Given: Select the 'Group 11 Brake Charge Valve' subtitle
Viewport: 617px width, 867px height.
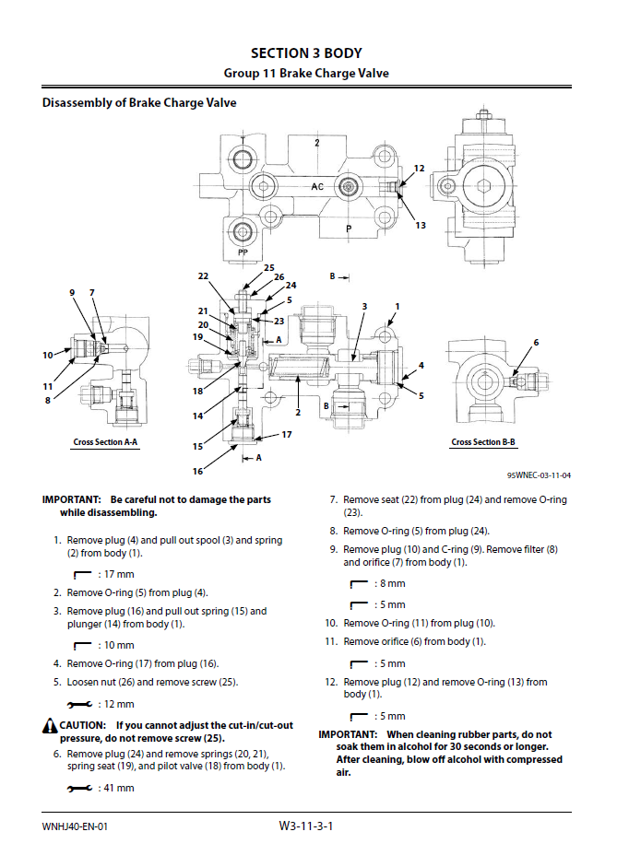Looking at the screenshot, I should tap(306, 73).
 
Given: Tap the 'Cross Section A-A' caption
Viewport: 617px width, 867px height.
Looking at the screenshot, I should tap(105, 442).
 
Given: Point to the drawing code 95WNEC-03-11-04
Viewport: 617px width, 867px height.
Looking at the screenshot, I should tap(539, 475).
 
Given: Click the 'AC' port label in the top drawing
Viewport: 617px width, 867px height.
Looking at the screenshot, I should tap(317, 186).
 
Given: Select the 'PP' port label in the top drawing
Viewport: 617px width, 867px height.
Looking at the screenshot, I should tap(243, 252).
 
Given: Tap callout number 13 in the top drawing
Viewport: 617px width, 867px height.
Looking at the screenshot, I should tap(420, 225).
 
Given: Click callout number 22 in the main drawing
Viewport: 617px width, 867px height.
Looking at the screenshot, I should tap(203, 275).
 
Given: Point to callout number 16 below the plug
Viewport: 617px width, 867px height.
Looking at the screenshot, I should tap(198, 471).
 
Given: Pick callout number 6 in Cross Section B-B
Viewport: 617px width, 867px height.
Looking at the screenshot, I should tap(536, 343).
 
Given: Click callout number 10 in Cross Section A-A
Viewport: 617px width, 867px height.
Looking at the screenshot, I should tap(47, 355).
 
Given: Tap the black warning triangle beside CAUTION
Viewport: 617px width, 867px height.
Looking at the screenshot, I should tap(50, 727).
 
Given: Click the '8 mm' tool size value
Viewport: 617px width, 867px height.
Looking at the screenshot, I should tap(391, 583).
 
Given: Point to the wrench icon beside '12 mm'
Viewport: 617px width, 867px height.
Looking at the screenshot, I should tap(80, 704).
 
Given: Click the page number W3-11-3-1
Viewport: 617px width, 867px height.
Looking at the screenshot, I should tap(305, 826).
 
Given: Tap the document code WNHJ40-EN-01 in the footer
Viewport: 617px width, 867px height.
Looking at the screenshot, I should tap(75, 826).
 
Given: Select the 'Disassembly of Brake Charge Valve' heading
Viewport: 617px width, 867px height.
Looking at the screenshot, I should tap(139, 102).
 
